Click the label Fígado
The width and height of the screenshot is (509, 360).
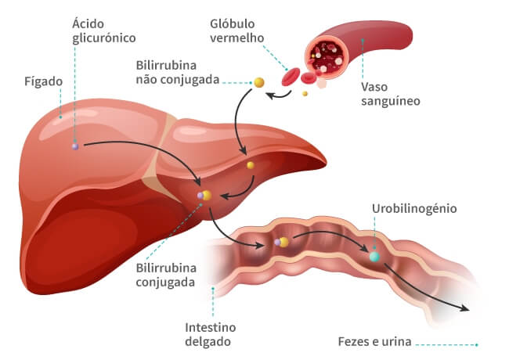click(x=44, y=81)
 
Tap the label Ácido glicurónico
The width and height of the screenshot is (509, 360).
click(x=104, y=31)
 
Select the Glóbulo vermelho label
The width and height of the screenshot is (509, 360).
click(x=237, y=31)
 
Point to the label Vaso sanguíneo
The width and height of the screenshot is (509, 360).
click(x=391, y=94)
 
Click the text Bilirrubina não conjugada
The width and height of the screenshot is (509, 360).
click(x=178, y=72)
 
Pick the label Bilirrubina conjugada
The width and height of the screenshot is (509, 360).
click(x=166, y=275)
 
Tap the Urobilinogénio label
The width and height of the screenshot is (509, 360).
click(x=414, y=208)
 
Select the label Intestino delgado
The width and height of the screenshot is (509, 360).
click(x=210, y=334)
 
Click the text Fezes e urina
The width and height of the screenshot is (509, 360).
click(x=374, y=341)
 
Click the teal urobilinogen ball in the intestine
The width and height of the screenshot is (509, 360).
click(x=374, y=257)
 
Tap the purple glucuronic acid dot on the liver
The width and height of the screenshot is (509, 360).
click(x=75, y=146)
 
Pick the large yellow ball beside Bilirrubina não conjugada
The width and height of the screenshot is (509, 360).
click(x=259, y=82)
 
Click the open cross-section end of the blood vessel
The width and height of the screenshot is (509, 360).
click(x=327, y=58)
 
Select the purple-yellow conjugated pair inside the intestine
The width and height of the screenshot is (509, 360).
click(x=281, y=242)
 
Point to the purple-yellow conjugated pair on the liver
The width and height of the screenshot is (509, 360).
click(x=204, y=196)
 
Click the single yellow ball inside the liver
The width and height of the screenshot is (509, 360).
click(x=251, y=165)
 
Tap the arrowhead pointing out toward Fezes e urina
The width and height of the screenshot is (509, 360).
click(x=465, y=308)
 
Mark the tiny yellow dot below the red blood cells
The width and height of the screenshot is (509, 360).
click(x=305, y=94)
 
